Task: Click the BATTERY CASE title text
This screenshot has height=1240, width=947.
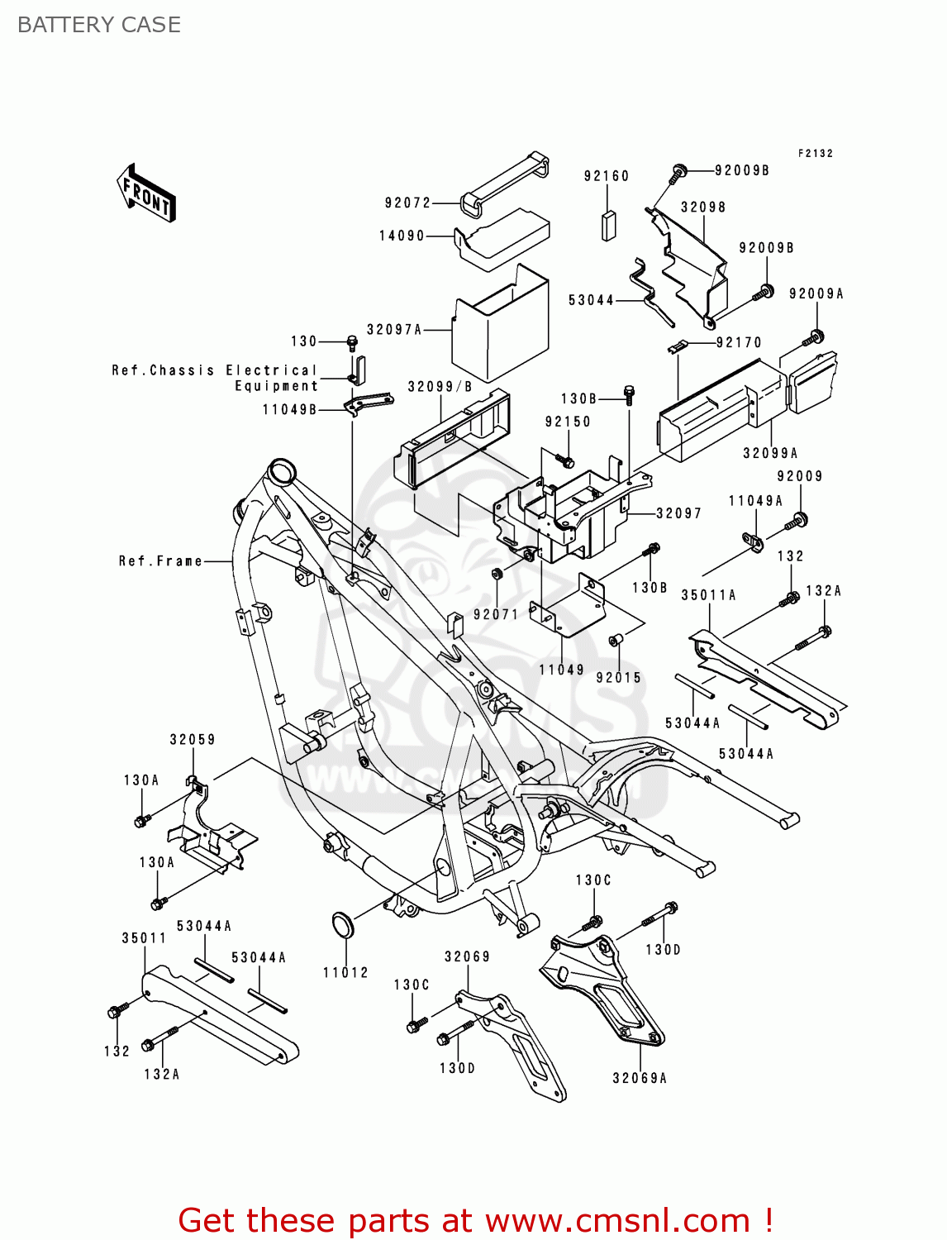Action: tap(98, 25)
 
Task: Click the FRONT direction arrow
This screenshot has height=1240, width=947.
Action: tap(146, 193)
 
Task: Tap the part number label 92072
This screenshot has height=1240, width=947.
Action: tap(407, 203)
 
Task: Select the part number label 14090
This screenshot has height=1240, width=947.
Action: tap(402, 236)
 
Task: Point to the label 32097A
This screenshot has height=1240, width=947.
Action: tap(394, 329)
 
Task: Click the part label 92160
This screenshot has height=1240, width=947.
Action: tap(606, 176)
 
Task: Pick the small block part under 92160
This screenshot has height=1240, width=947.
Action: tap(609, 225)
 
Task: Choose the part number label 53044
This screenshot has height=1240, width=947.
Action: tap(591, 300)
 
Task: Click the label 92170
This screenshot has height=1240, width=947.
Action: tap(739, 342)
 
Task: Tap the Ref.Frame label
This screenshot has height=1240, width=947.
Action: tap(160, 561)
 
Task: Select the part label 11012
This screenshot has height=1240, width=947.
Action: tap(345, 972)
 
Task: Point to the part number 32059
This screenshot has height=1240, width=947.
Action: tap(193, 740)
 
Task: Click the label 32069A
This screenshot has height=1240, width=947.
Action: tap(640, 1078)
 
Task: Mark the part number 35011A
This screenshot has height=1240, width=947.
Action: tap(708, 595)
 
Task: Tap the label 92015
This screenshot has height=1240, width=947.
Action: tap(619, 677)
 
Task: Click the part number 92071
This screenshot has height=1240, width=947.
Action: tap(496, 614)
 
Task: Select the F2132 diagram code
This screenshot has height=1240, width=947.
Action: tap(815, 154)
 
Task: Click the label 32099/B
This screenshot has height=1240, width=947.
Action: tap(440, 387)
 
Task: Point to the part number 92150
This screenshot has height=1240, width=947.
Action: tap(568, 422)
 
